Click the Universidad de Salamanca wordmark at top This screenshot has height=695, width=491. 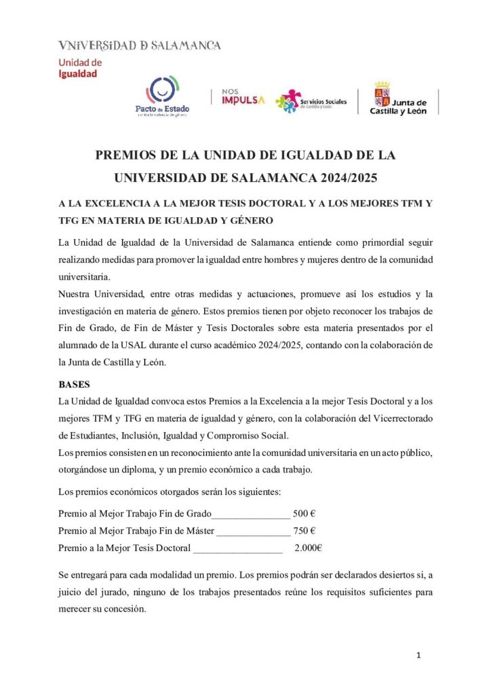tap(140, 45)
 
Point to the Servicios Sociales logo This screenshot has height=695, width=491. tap(311, 101)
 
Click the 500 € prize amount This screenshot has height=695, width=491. tap(300, 513)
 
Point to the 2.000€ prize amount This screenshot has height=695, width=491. tap(308, 548)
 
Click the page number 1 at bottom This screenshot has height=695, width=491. tap(419, 655)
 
